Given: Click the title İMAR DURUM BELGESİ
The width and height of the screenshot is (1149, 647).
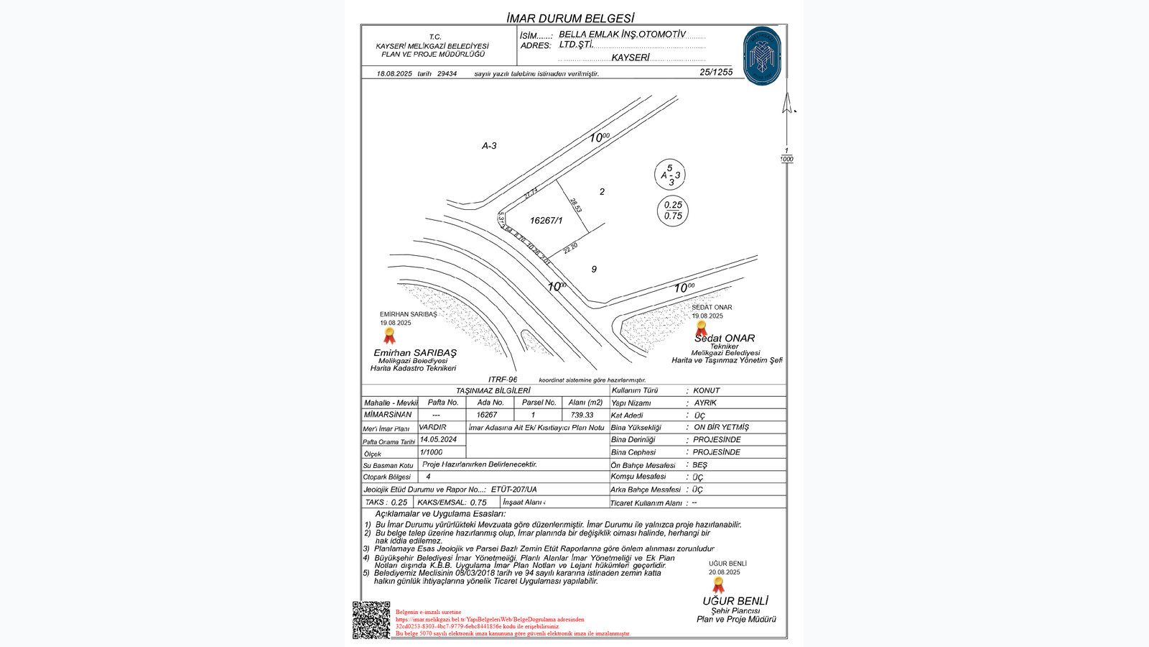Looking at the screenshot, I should (x=570, y=18).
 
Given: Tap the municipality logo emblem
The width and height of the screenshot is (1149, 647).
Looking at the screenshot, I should (x=762, y=56).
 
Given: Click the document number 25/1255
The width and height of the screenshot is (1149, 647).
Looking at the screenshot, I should (x=716, y=72).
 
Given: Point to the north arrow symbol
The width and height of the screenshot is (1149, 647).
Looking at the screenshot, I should (x=788, y=104).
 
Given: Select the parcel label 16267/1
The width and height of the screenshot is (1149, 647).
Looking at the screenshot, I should (x=546, y=221).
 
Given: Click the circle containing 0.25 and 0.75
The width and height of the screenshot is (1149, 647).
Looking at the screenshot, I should (x=673, y=211).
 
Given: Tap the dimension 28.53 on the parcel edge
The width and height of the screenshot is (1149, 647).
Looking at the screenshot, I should (x=575, y=206).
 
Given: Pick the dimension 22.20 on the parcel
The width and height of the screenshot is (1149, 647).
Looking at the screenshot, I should (x=571, y=248).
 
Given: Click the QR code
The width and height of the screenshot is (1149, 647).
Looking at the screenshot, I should (x=371, y=620).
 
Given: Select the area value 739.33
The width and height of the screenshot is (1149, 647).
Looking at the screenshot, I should (x=582, y=415).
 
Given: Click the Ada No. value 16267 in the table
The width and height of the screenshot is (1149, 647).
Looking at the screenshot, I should (x=487, y=415).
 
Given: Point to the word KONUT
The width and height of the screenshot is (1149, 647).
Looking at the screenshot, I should (x=707, y=390).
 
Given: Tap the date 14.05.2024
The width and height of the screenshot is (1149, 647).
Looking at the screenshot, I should (x=438, y=439).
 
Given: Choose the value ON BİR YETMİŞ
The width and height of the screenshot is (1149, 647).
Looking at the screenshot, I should (x=721, y=427).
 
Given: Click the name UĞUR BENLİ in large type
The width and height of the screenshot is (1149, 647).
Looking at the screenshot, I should (x=735, y=601).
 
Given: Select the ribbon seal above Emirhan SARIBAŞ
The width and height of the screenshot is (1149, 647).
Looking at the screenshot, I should (x=389, y=336).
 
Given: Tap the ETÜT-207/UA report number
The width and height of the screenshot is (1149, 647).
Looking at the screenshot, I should (x=513, y=490).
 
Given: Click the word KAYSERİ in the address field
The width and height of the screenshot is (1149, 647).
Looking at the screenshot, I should (x=631, y=58).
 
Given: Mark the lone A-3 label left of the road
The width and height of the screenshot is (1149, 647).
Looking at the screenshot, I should (x=489, y=146).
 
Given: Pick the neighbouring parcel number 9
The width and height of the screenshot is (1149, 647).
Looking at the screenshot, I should (x=594, y=270).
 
